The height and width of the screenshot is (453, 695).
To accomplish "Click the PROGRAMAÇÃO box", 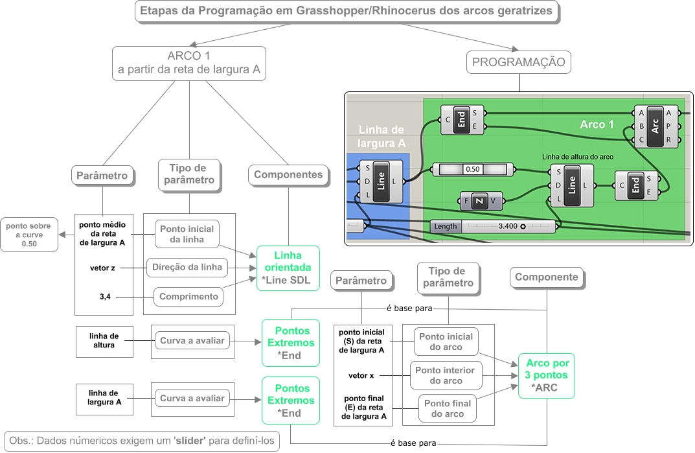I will point(519,63).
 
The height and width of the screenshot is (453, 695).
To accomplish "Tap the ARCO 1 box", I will point(189,63).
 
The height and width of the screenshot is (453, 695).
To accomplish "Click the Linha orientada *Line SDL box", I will point(288,267).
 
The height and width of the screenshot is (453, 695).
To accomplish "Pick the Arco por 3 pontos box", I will point(547,375).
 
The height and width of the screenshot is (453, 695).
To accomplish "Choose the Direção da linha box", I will point(188,266).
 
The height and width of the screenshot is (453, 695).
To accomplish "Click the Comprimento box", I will point(188,297).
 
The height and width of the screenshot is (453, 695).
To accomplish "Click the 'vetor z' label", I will point(104,266).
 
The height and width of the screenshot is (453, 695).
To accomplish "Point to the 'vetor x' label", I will point(361,375).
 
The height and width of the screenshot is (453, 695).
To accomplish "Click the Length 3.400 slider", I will point(493,227).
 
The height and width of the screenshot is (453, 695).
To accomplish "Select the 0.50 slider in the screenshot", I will point(473,169).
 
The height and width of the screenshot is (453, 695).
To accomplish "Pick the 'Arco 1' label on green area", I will point(597,124).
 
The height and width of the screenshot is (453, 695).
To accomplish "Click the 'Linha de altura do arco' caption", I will point(578,157).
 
